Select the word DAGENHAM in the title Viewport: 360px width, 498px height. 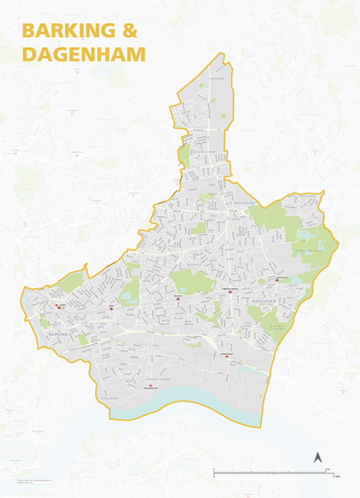tap(83, 54)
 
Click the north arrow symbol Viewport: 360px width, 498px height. tap(317, 458)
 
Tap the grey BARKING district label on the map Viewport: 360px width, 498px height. tap(55, 334)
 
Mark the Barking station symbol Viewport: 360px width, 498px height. tap(59, 306)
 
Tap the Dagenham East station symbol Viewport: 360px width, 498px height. tap(278, 279)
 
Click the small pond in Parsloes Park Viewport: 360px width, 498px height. tap(184, 290)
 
